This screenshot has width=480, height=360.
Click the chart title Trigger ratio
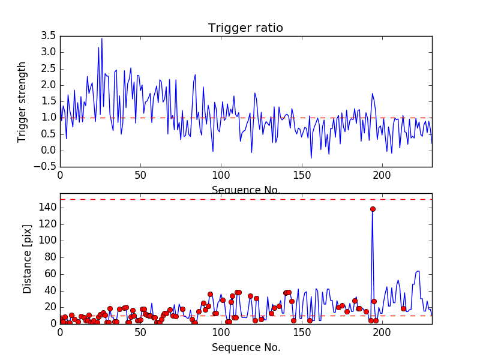[245, 28]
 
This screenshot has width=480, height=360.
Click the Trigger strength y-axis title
[22, 101]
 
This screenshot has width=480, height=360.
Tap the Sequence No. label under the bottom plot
[246, 347]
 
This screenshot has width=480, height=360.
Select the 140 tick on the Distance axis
[46, 208]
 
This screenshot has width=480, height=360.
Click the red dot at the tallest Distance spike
[373, 209]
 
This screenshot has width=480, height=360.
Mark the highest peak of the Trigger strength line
[102, 38]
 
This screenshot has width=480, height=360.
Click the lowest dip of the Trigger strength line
[311, 158]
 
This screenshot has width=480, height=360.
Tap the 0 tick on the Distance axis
[51, 323]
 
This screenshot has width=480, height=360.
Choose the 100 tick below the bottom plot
[221, 332]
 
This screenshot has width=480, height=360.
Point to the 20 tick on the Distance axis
[49, 307]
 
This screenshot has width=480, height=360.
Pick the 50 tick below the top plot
[140, 176]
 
